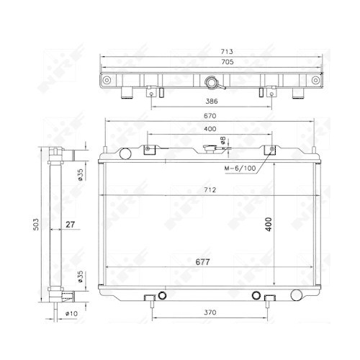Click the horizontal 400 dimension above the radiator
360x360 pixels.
(x=209, y=130)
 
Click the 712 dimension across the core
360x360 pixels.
(x=210, y=191)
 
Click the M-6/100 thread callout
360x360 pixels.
(x=238, y=169)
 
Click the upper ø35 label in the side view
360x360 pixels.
(x=80, y=175)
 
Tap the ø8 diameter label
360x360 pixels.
(x=224, y=142)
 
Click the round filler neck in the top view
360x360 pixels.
(x=210, y=81)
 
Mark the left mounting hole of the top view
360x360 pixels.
(x=108, y=80)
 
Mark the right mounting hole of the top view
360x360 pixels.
(x=314, y=80)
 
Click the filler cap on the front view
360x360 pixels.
(x=210, y=150)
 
